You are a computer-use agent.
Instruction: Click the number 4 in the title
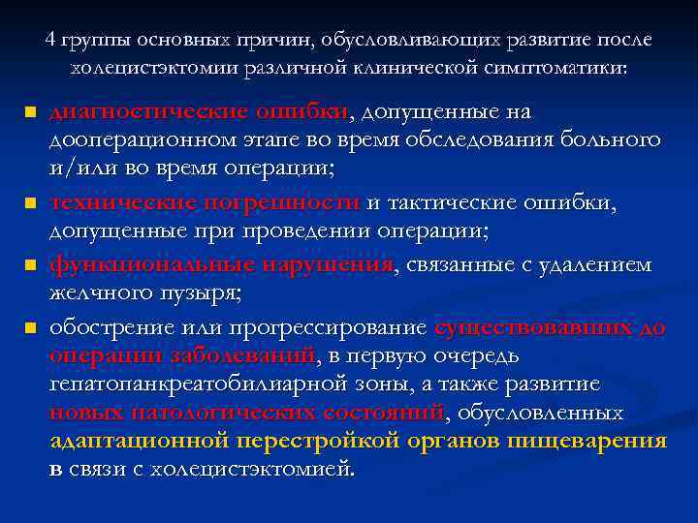tap(50, 41)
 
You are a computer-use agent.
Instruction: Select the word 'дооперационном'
tap(121, 139)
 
